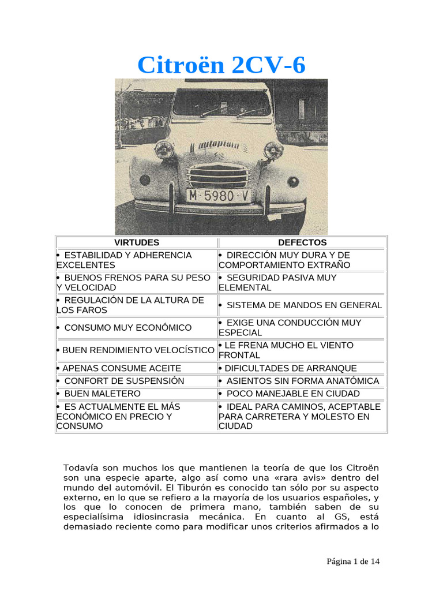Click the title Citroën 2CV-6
click(x=221, y=65)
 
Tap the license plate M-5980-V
click(x=218, y=196)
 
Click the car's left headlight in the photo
click(x=164, y=150)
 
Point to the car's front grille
click(x=218, y=174)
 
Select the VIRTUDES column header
click(x=137, y=242)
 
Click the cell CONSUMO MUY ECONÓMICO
click(x=128, y=328)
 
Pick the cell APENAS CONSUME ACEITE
click(x=119, y=368)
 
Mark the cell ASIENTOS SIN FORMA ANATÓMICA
click(x=302, y=381)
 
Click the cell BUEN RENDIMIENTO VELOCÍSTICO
click(x=136, y=350)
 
